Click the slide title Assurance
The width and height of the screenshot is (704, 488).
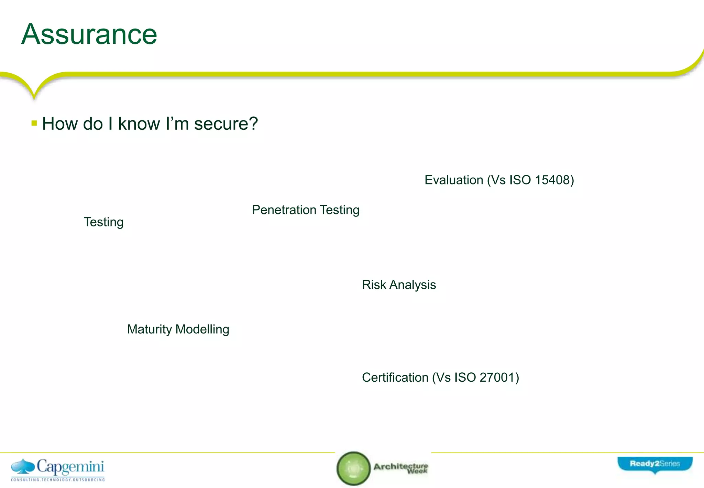coord(89,34)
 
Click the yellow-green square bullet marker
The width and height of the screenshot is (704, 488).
coord(34,123)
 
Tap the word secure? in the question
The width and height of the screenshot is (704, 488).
coord(226,124)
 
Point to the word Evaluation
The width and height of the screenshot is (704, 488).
coord(454,180)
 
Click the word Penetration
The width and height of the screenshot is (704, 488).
coord(284,210)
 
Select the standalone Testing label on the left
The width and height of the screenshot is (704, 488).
coord(103,222)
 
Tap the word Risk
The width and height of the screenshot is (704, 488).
coord(374,285)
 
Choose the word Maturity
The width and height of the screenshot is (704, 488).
coord(149,329)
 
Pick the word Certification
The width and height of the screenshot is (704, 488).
coord(395,378)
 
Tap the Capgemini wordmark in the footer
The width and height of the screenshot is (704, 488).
coord(70,467)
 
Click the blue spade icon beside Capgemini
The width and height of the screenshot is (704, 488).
coord(23,467)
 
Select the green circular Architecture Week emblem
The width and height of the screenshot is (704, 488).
coord(353,468)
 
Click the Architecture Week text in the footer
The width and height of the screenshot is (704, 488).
coord(401,468)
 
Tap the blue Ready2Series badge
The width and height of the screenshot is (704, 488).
coord(654,464)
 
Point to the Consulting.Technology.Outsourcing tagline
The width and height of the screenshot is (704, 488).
coord(58,479)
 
